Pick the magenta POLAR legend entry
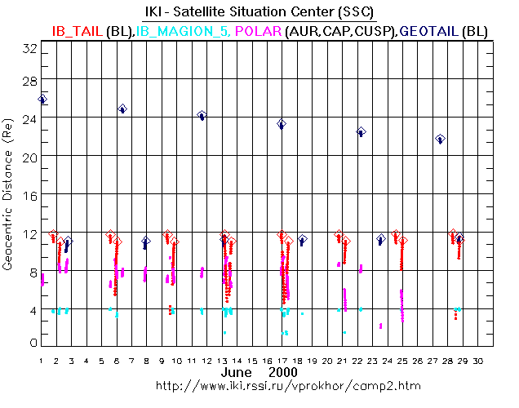click(258, 30)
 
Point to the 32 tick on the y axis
click(30, 49)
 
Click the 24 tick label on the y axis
click(30, 118)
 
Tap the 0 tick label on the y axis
click(33, 343)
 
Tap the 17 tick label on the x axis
click(282, 360)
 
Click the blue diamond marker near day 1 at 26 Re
click(42, 99)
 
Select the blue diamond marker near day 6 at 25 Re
click(122, 109)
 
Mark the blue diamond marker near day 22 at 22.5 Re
click(361, 131)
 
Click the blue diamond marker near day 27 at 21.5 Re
click(440, 139)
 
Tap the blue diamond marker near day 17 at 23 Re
click(282, 124)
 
